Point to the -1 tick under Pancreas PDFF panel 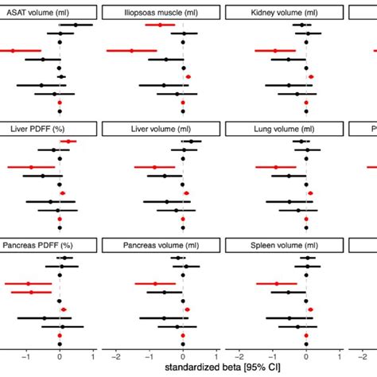tap(26, 356)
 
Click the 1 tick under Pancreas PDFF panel tap(93, 356)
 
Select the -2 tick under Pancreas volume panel tap(116, 356)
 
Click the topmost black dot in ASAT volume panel tap(76, 25)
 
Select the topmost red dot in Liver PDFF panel tap(69, 142)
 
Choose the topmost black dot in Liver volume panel tap(191, 142)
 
